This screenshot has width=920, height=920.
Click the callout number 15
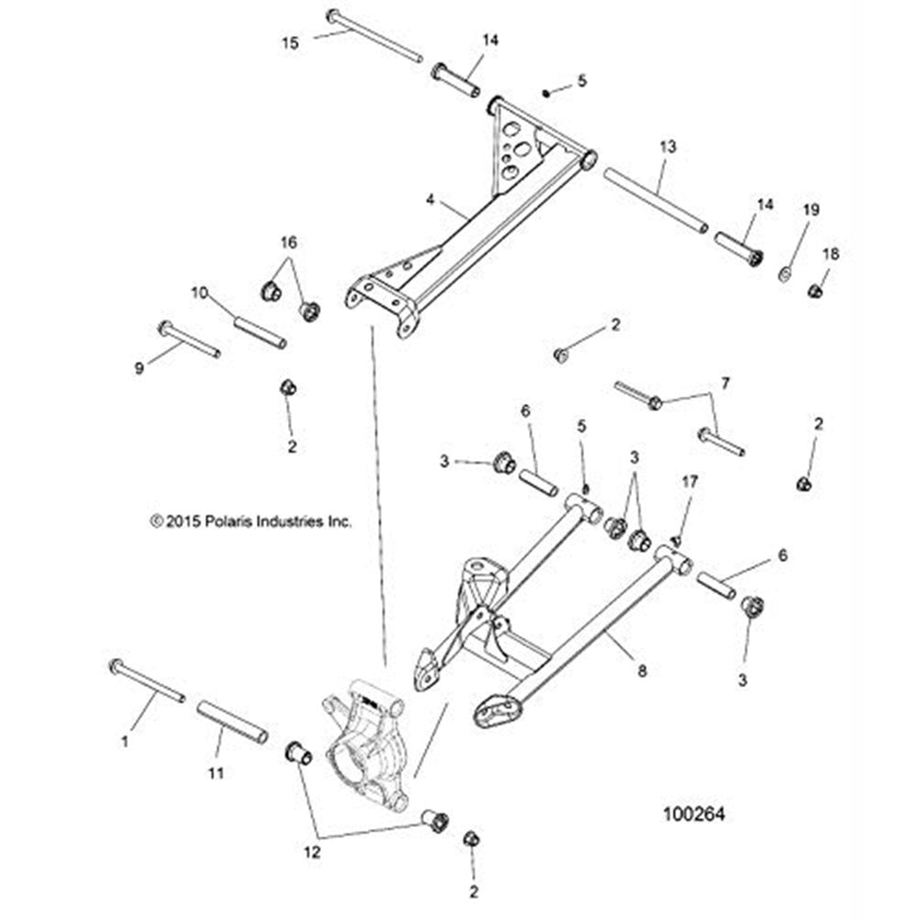point(290,41)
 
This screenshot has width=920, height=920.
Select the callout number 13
point(668,146)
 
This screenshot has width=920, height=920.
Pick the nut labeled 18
point(814,291)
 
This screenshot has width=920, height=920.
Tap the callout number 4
point(429,198)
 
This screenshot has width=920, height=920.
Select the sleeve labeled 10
point(259,332)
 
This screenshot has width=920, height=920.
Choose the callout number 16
point(289,242)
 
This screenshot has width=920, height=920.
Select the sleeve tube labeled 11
point(233,722)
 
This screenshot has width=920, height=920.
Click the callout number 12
point(312,852)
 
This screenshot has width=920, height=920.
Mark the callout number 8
point(642,672)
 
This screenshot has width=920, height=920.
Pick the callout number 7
point(725,381)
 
